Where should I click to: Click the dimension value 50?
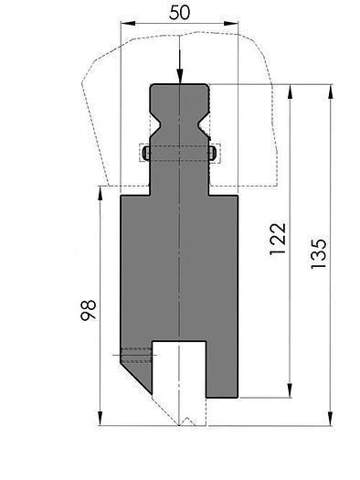pos(180,12)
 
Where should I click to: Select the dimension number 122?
pos(279,240)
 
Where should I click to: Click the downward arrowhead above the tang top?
pos(180,79)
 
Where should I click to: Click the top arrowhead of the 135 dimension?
pos(330,90)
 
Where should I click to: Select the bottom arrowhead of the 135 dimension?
pos(330,421)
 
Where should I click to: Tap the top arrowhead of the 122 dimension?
pos(291,91)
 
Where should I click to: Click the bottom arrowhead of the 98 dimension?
pos(100,421)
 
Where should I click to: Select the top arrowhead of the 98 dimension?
pos(100,190)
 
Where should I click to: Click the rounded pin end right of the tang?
pos(214,154)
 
